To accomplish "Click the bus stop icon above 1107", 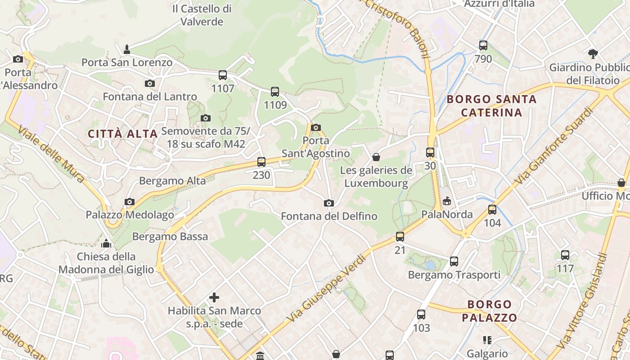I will tap(223, 75).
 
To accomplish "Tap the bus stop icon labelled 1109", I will tap(275, 91).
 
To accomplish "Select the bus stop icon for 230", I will tap(261, 162).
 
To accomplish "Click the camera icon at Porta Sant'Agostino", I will tap(316, 127).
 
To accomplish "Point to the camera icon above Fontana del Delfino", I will tap(329, 203).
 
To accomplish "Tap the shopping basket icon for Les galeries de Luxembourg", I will tap(376, 157).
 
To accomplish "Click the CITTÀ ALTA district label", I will tap(123, 134).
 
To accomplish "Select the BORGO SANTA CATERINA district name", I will tap(492, 106).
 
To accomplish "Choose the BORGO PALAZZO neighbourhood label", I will tap(489, 311).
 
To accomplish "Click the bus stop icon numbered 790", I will tap(483, 45).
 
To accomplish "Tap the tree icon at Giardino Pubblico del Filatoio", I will tap(593, 54).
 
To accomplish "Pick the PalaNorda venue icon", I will tap(447, 201).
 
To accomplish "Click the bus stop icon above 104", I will tap(492, 209).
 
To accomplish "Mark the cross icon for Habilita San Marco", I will tap(214, 297).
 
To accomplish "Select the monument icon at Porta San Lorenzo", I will tap(127, 48).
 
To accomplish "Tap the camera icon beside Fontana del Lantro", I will tap(150, 83).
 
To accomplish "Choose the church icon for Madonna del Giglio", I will tap(106, 243).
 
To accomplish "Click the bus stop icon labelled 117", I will tap(565, 255).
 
